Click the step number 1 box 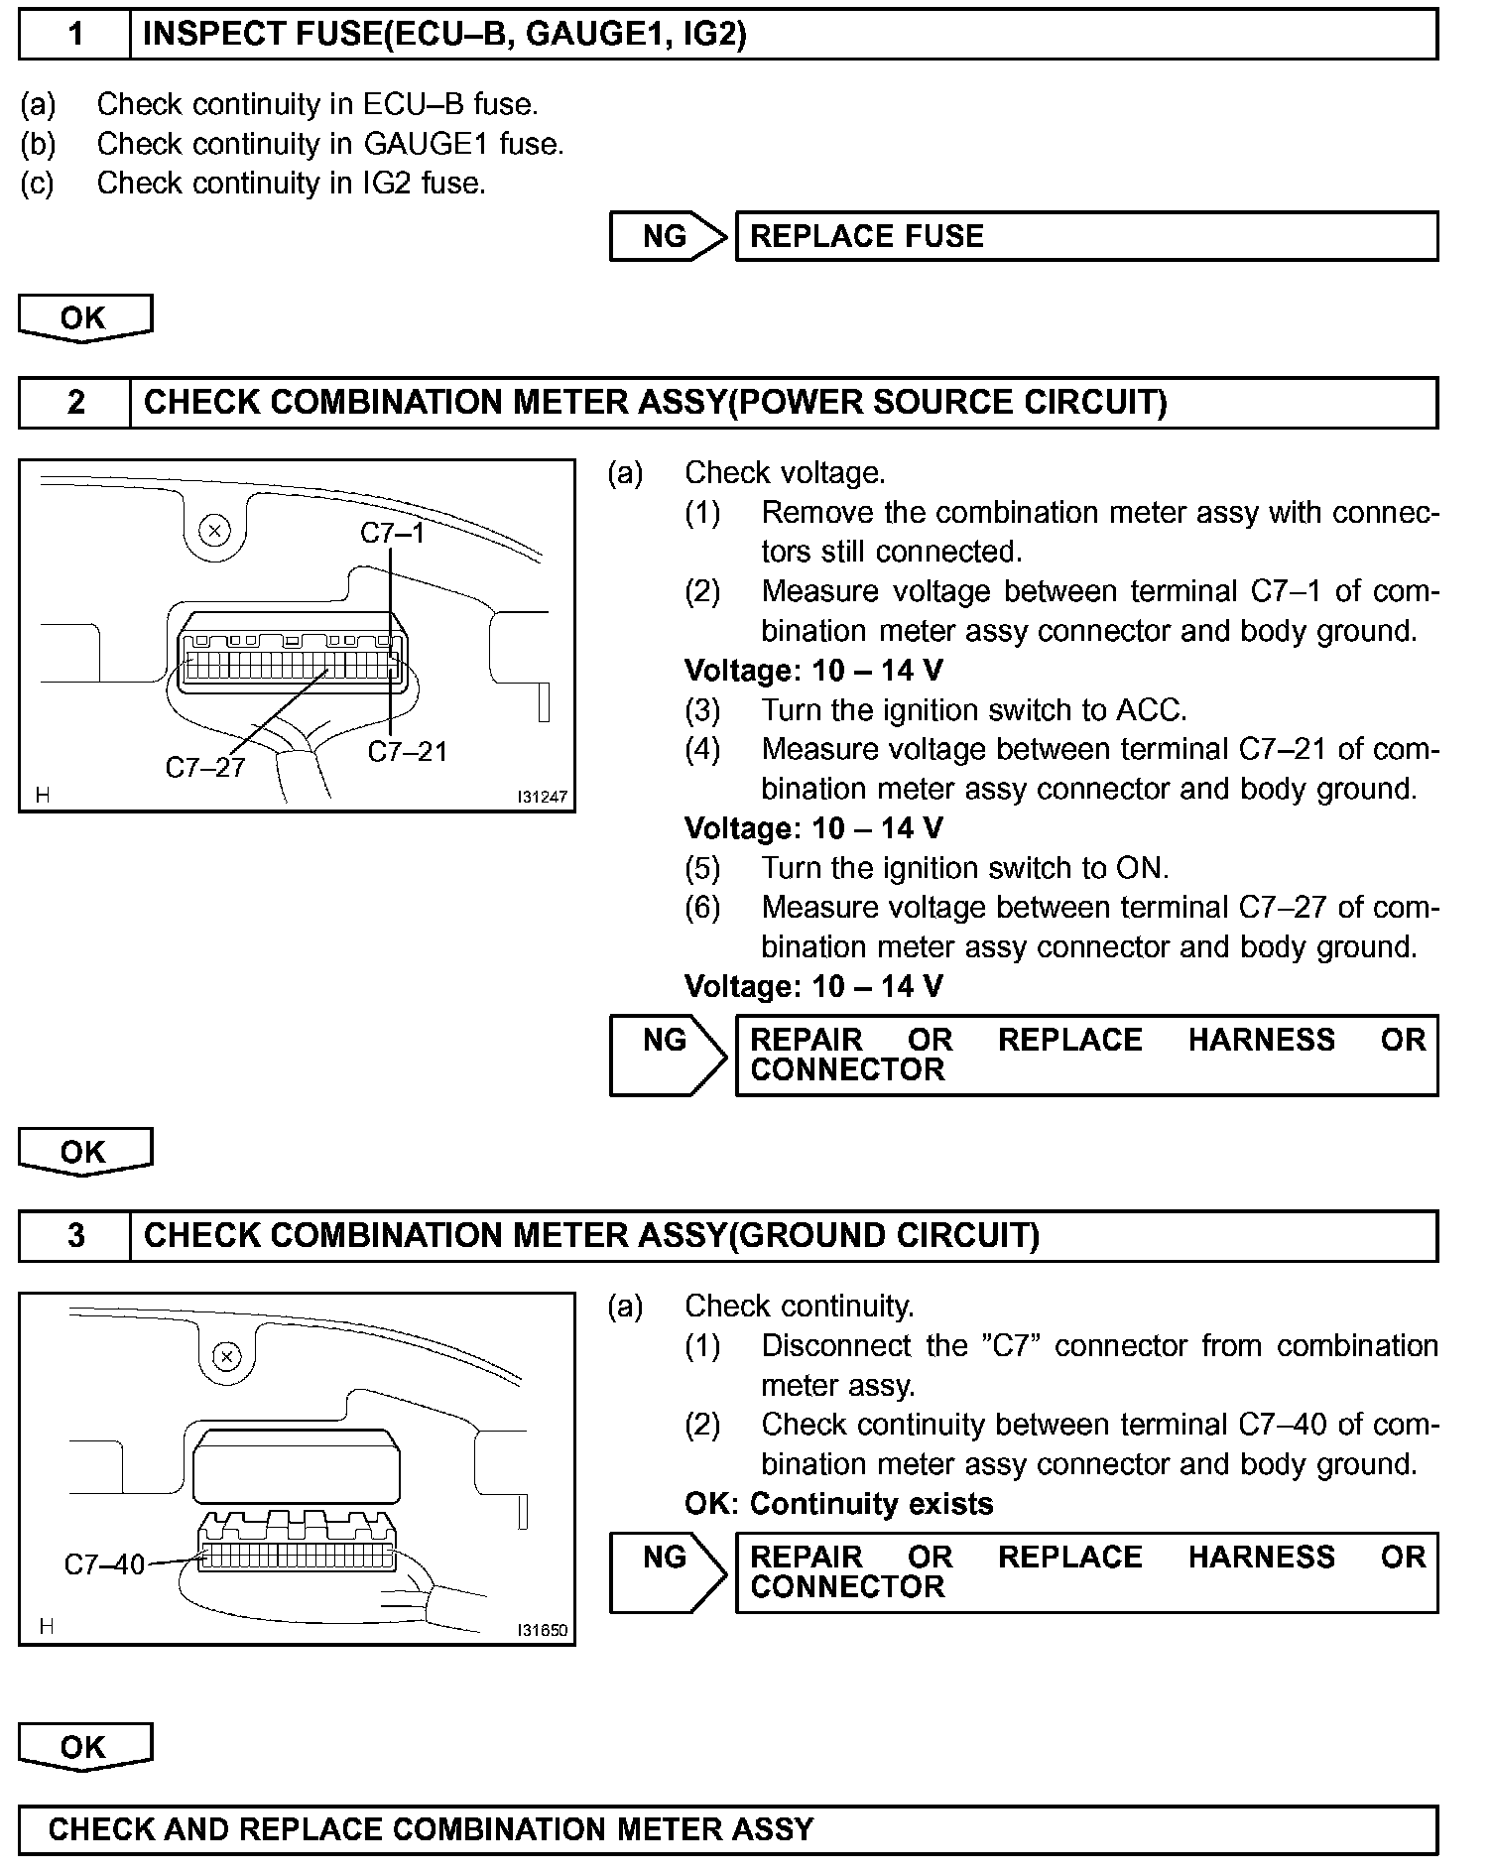click(x=75, y=35)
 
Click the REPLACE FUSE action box click(x=1085, y=236)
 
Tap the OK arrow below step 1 click(x=84, y=317)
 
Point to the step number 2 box click(x=75, y=403)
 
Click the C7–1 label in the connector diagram click(x=392, y=534)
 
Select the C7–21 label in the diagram click(x=408, y=752)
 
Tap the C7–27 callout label click(x=205, y=767)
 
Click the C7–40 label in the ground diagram click(x=104, y=1564)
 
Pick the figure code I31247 click(x=542, y=797)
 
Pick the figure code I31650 click(x=542, y=1630)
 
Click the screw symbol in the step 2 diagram click(x=214, y=530)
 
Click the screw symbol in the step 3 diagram click(x=227, y=1356)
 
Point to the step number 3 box click(x=75, y=1236)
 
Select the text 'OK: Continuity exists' click(x=838, y=1504)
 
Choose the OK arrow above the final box click(x=84, y=1748)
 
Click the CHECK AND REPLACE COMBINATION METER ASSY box click(x=728, y=1829)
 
